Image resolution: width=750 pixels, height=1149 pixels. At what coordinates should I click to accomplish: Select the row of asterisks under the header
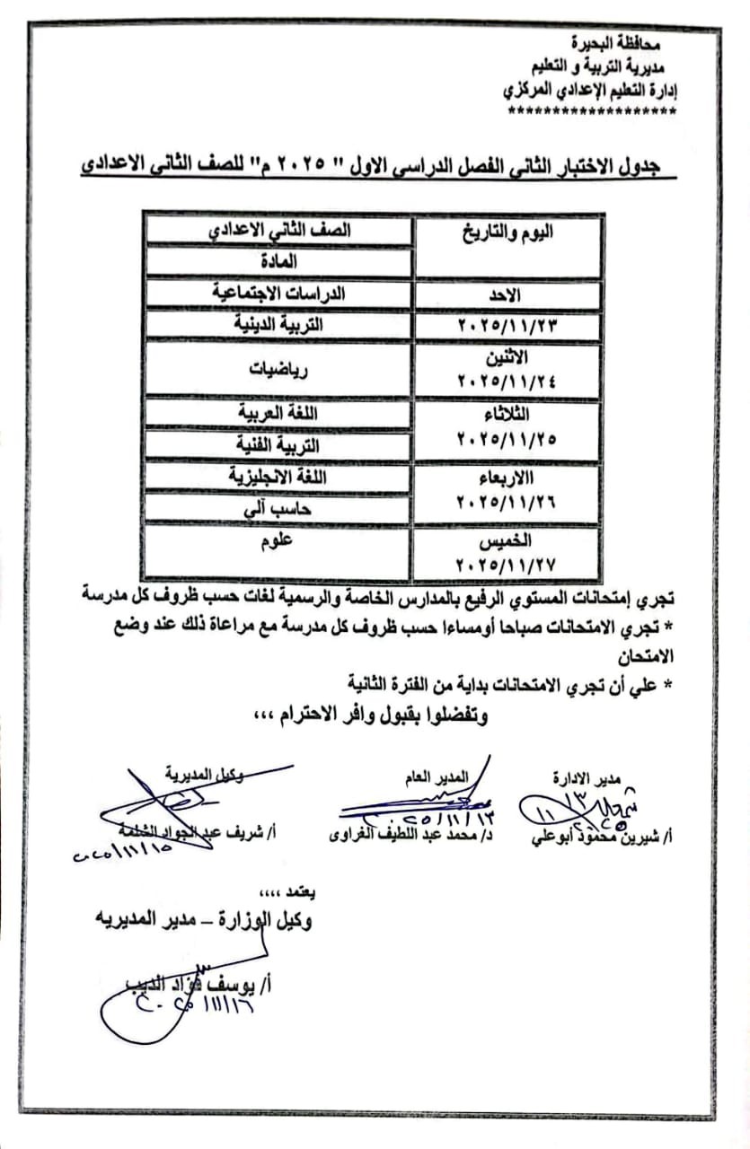(x=593, y=112)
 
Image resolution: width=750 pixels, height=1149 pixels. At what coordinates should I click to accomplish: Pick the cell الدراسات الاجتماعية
(x=278, y=293)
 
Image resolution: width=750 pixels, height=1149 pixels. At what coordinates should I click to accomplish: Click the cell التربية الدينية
(x=278, y=324)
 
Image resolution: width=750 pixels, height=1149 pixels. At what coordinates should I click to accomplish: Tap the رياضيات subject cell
(x=278, y=367)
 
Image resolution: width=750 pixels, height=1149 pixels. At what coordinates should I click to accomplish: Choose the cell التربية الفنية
(x=278, y=444)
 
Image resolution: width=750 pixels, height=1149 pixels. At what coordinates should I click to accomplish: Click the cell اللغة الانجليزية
(x=278, y=477)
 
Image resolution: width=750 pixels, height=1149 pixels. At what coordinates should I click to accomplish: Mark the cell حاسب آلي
(x=278, y=508)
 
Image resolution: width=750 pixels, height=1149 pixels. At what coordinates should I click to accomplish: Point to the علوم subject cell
(x=278, y=540)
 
